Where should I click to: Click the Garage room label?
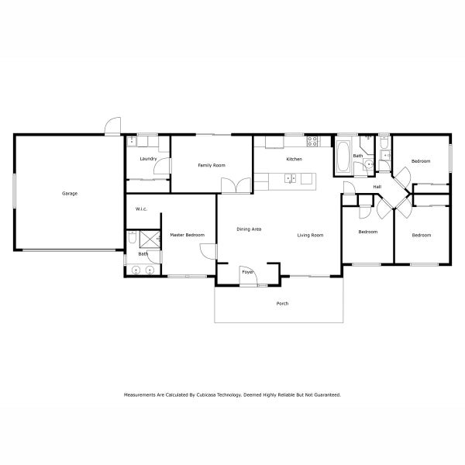[70, 193]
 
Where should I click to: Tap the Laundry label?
[149, 159]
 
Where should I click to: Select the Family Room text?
[211, 165]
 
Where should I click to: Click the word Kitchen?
[294, 159]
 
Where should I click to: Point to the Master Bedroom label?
[187, 234]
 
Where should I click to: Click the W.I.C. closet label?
[142, 208]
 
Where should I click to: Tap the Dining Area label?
[249, 229]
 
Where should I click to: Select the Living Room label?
[310, 235]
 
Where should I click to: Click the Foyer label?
[247, 272]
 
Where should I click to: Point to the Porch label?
[282, 303]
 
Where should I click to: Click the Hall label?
[377, 187]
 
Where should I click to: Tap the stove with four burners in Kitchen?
[313, 141]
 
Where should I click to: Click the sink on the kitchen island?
[291, 179]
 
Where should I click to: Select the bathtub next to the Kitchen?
[342, 153]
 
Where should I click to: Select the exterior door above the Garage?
[114, 126]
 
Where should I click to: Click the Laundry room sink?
[132, 142]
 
